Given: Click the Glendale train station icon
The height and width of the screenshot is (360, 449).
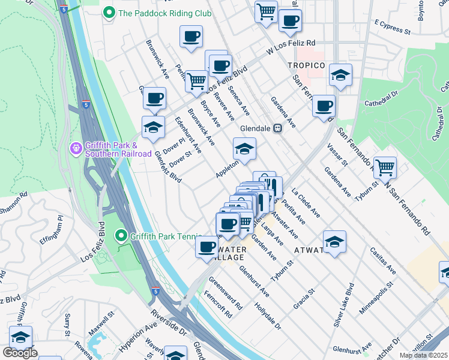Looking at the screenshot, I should click(278, 128).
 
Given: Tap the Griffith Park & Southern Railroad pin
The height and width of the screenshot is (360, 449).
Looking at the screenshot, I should click(76, 147).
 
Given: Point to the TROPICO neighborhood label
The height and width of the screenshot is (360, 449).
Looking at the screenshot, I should click(306, 65).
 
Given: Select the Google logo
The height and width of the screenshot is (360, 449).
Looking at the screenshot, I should click(20, 353).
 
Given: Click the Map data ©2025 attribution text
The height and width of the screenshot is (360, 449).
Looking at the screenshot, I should click(423, 355).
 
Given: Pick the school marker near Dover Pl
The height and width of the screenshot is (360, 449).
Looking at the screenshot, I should click(153, 127).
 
